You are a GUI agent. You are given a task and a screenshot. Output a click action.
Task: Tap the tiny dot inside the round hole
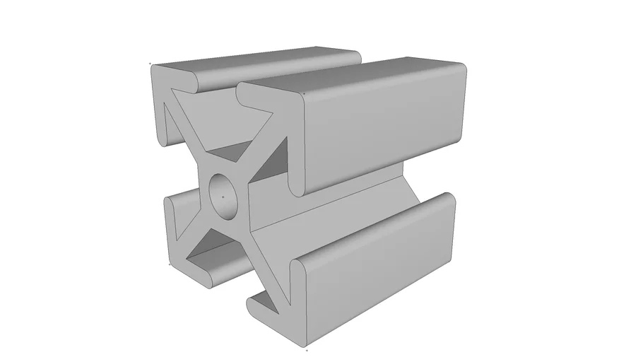tap(223, 193)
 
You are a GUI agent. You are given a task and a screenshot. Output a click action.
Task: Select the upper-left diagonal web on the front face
tap(189, 138)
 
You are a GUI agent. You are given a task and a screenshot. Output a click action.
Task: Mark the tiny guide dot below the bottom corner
tap(307, 349)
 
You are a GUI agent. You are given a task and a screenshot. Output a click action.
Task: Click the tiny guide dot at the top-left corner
tap(150, 64)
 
